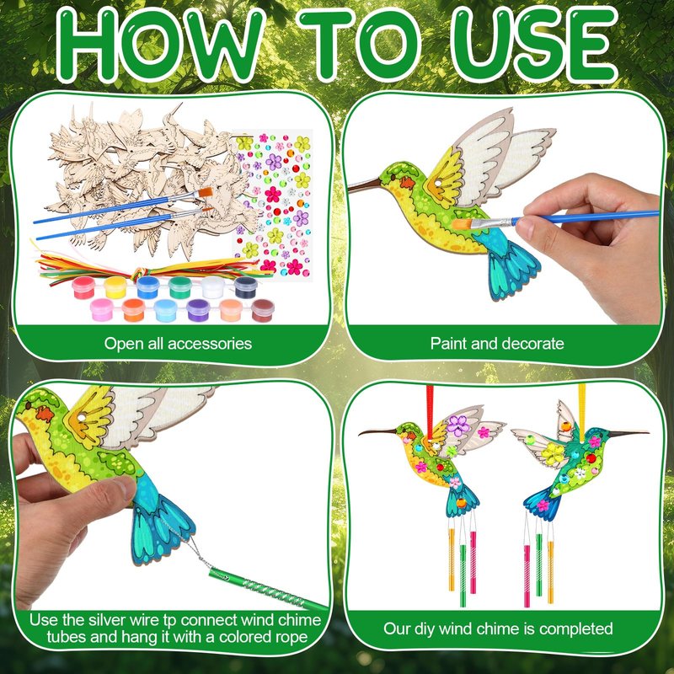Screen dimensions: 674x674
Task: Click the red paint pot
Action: pos(83,287)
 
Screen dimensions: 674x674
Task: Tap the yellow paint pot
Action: pos(115,287)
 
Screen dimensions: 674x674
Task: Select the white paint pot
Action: pos(213,287)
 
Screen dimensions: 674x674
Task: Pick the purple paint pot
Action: pos(198,310)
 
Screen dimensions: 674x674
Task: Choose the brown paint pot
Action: pos(263,310)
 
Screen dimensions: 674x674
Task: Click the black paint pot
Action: pos(246,287)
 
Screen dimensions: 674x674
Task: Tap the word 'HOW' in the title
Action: pos(160,45)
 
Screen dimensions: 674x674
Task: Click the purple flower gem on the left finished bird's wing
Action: pos(458,425)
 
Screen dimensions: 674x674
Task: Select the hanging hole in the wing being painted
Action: pos(438,184)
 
